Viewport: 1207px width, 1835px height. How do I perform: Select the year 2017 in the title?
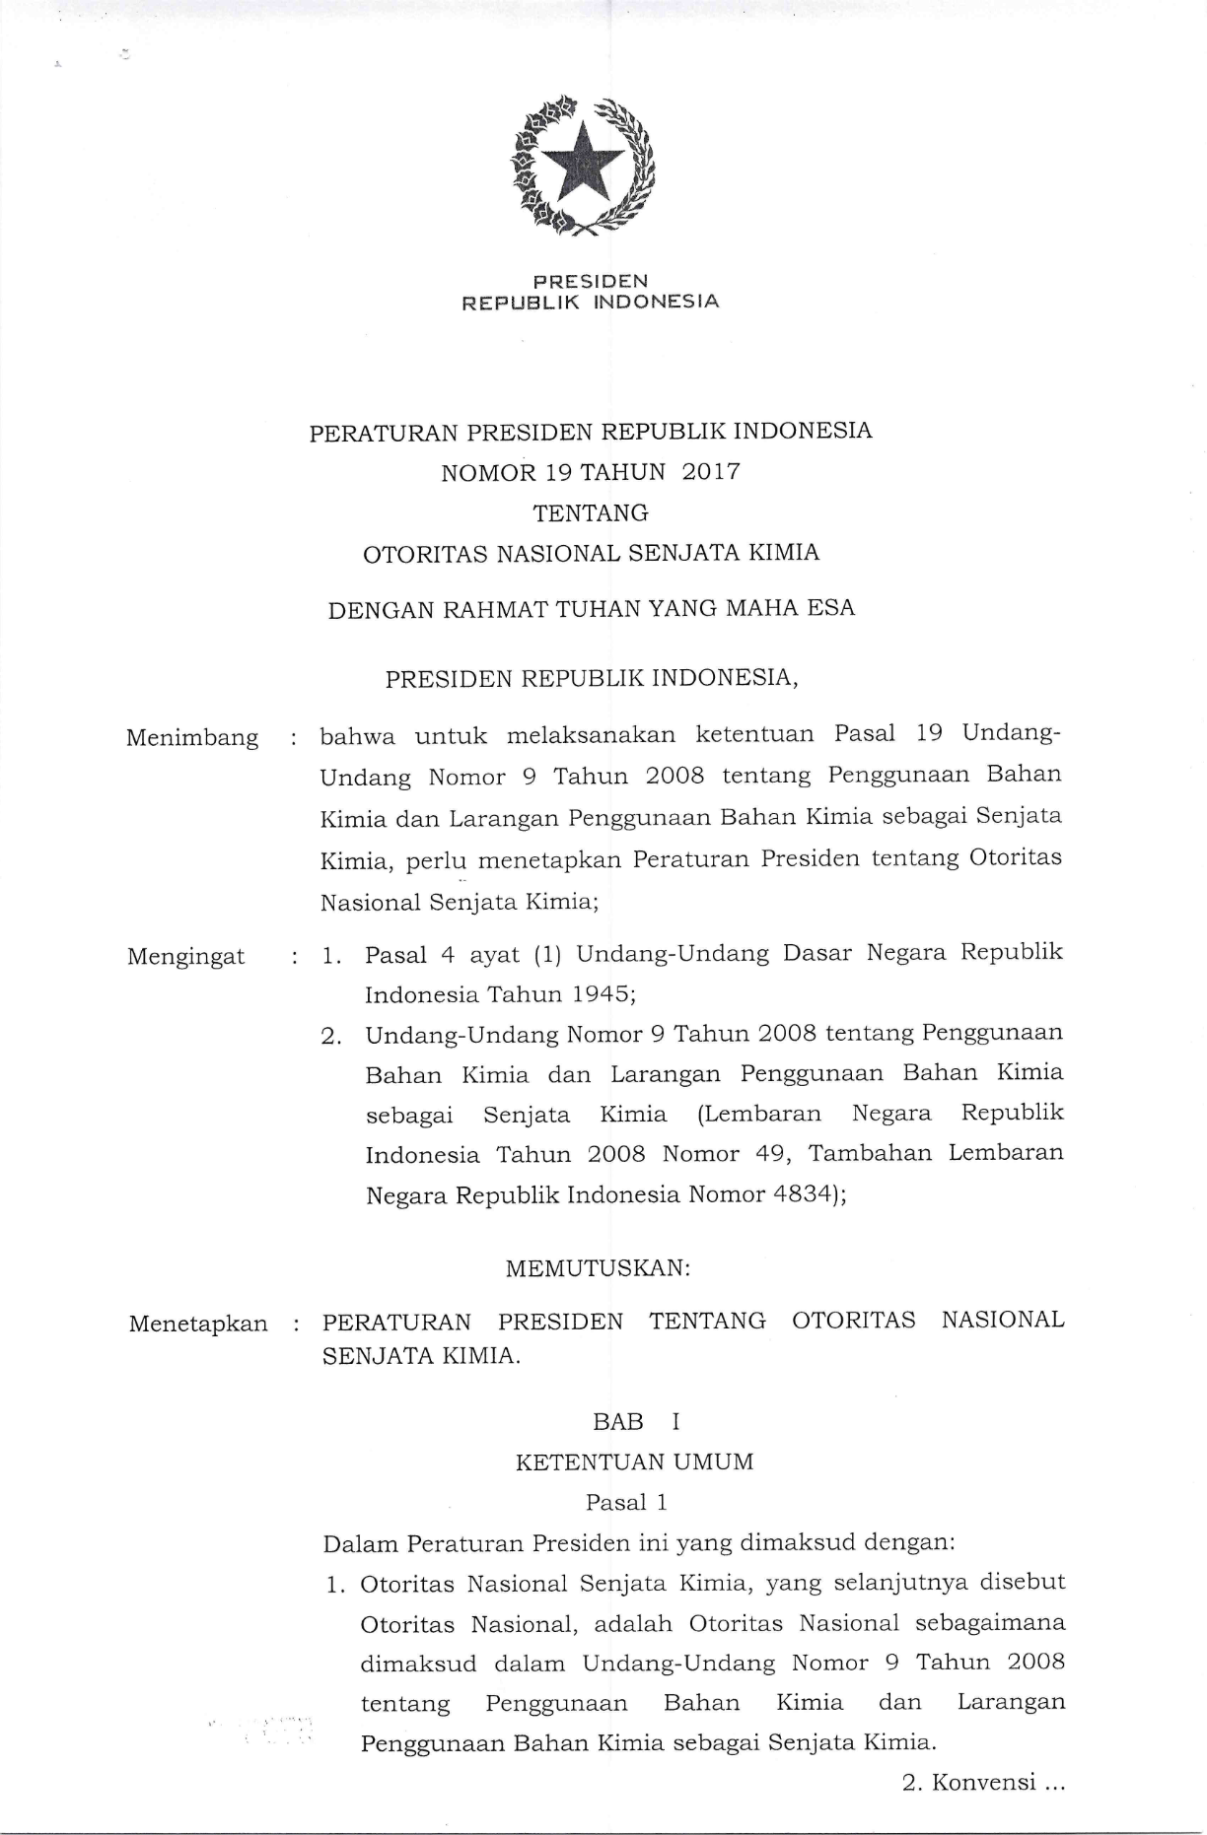coord(711,472)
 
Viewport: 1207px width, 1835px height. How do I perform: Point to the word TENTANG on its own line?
coord(591,512)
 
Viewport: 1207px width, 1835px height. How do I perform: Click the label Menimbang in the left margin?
coord(192,738)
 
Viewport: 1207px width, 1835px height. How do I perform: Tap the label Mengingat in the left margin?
coord(186,956)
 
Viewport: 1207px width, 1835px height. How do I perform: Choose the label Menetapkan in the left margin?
coord(198,1324)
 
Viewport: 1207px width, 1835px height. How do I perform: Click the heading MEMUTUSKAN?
coord(598,1268)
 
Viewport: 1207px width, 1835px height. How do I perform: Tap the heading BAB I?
coord(636,1421)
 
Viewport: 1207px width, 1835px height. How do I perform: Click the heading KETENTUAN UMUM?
coord(634,1461)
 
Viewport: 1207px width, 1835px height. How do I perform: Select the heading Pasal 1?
coord(626,1502)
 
